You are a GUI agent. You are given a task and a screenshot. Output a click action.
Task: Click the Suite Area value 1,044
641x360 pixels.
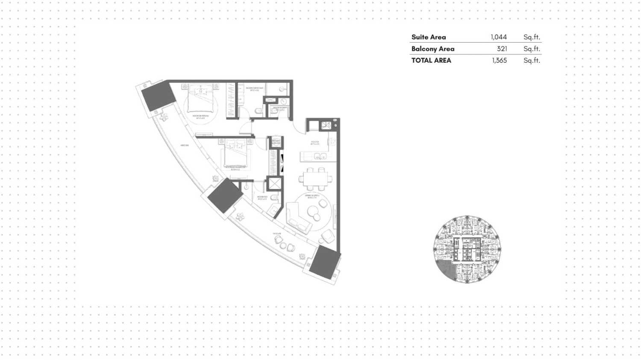click(498, 37)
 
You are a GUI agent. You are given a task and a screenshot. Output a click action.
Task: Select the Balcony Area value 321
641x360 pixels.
click(502, 49)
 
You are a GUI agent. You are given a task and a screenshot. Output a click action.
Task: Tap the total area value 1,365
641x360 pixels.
click(499, 60)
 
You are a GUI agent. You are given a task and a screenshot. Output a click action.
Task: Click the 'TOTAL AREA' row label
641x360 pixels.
click(431, 60)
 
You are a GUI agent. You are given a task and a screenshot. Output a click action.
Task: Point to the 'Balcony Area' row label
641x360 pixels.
click(432, 49)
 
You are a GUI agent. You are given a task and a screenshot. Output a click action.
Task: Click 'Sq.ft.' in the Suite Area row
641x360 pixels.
click(532, 37)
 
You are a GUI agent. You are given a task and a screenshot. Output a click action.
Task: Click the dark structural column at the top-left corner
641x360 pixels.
click(158, 96)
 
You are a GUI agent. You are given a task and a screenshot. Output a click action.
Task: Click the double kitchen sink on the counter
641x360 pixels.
click(320, 156)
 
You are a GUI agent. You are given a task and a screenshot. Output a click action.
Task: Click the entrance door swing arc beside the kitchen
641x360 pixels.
click(299, 125)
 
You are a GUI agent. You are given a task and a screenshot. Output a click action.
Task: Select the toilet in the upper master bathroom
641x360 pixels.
click(259, 111)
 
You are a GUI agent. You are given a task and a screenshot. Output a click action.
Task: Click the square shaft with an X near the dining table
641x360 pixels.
click(274, 183)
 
